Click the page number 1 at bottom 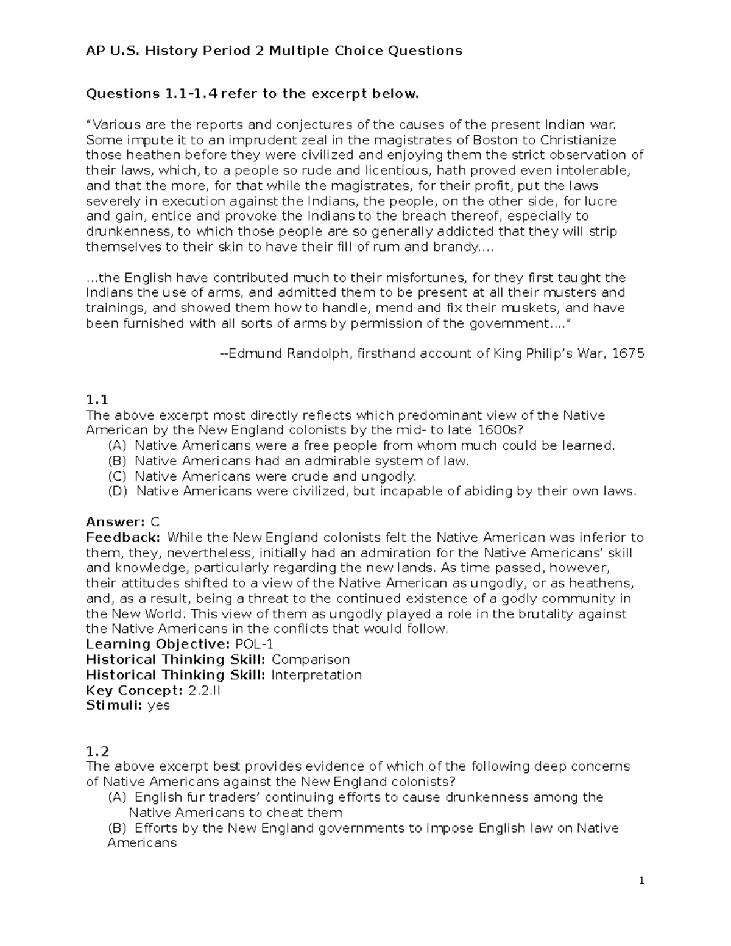click(x=641, y=880)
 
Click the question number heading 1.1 click(x=97, y=400)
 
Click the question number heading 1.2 click(x=97, y=752)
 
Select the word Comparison click(x=311, y=660)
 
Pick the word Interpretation click(x=316, y=675)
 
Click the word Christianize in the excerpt click(x=578, y=140)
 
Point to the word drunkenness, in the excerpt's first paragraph click(x=129, y=231)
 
